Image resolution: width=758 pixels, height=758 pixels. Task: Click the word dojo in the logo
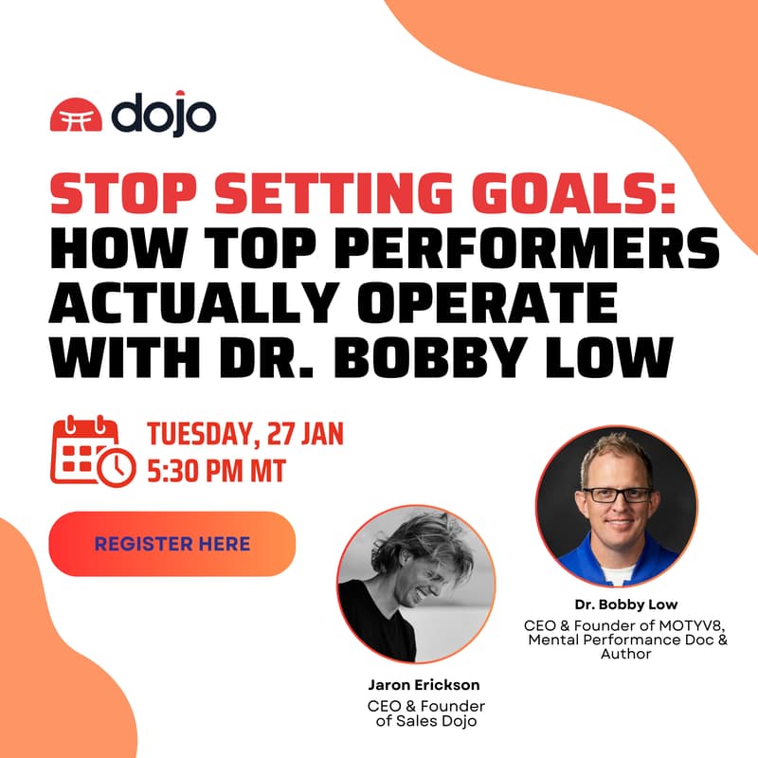[x=163, y=115]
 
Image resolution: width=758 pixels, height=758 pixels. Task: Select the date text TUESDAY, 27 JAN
[x=244, y=435]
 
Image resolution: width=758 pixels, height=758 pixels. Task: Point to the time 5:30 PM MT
[x=216, y=471]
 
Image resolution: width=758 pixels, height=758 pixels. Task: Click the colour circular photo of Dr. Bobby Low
[x=616, y=505]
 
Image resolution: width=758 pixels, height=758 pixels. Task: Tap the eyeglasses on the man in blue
[x=617, y=494]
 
